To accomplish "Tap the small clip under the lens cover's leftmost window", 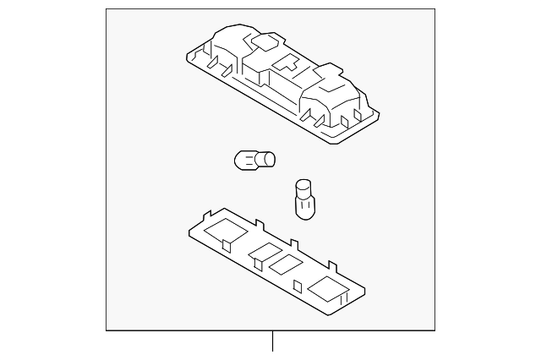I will tap(227, 245).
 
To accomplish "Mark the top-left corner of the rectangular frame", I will tap(106, 11).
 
